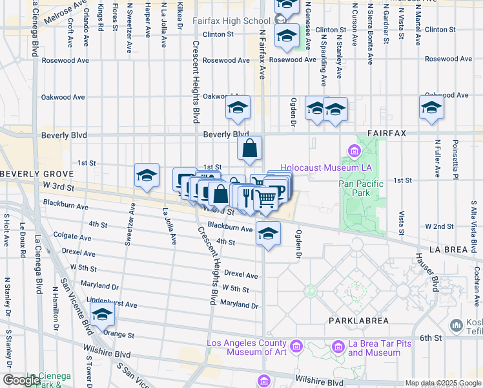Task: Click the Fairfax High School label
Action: tap(221, 21)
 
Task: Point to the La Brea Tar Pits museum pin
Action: tap(338, 348)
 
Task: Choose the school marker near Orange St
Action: tap(102, 315)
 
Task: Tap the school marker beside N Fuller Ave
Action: tap(431, 108)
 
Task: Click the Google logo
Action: tap(22, 380)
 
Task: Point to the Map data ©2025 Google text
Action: tap(442, 383)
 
